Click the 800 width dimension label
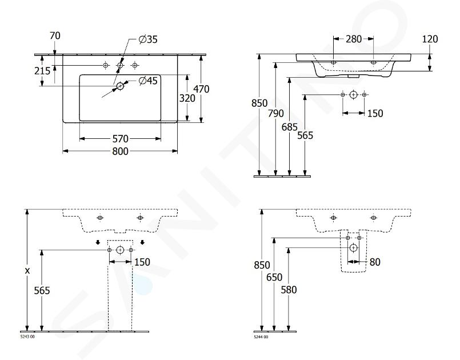(120, 151)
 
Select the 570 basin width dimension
(120, 138)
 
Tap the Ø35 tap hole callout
(148, 39)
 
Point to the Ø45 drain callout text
(148, 81)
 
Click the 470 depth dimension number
(201, 89)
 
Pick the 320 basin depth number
(187, 98)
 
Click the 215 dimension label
(42, 71)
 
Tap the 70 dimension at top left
(55, 35)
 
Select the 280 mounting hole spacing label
(354, 39)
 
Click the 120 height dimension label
(430, 39)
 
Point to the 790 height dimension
(276, 113)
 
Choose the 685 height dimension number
(290, 127)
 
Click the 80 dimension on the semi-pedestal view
(375, 262)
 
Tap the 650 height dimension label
(274, 277)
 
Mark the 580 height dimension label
(289, 290)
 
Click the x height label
(27, 271)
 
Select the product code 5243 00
(27, 337)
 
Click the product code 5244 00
(261, 337)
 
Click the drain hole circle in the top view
(120, 86)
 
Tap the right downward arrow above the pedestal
(142, 242)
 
